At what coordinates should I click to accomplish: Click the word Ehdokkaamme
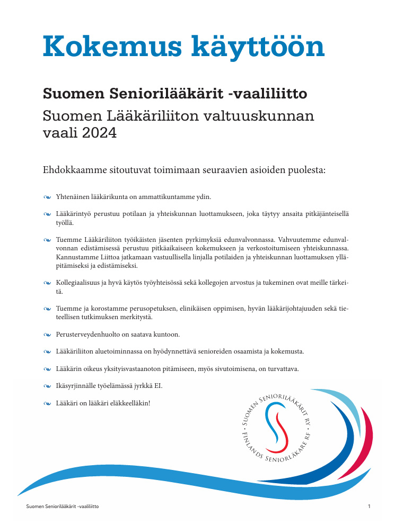point(76,170)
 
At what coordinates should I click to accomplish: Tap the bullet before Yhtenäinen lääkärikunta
point(47,197)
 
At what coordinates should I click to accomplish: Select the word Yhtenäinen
point(74,197)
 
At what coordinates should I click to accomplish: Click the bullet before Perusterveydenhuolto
point(47,335)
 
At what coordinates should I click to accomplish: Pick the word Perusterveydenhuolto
point(89,334)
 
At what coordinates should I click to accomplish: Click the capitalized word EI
point(157,385)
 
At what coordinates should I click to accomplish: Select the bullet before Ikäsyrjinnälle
point(47,386)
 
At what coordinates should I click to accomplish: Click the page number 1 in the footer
point(368,506)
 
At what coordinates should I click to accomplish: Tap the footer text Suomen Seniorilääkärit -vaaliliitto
point(62,506)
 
